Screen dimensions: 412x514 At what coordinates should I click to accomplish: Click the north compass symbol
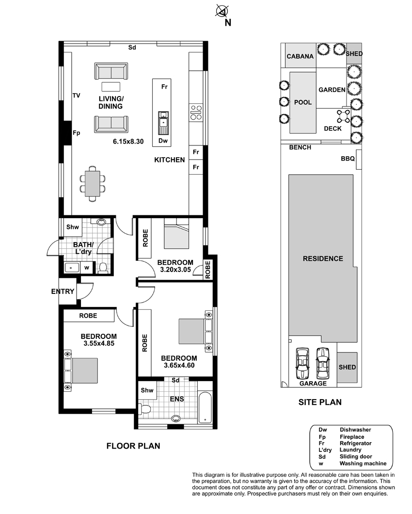[x=222, y=11]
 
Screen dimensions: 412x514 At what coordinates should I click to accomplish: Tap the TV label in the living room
[x=77, y=96]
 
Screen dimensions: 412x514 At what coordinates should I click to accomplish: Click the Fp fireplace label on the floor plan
[x=77, y=133]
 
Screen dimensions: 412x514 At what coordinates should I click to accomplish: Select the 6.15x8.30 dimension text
[x=128, y=142]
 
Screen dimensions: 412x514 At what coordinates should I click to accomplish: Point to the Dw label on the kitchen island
[x=163, y=141]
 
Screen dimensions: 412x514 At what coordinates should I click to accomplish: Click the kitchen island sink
[x=163, y=123]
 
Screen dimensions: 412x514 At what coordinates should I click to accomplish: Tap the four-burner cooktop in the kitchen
[x=196, y=112]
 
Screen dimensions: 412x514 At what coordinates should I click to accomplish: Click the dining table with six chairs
[x=93, y=184]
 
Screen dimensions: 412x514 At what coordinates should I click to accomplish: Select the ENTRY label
[x=63, y=291]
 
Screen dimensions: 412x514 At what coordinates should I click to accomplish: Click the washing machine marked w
[x=87, y=268]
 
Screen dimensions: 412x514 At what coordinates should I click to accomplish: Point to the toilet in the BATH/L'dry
[x=103, y=268]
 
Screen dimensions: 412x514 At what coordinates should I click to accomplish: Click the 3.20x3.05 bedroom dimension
[x=175, y=270]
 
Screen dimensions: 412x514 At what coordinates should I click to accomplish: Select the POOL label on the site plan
[x=303, y=102]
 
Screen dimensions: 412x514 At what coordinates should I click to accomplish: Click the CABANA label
[x=300, y=56]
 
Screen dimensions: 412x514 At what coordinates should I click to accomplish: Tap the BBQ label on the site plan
[x=348, y=159]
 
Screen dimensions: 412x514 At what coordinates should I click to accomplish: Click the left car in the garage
[x=302, y=363]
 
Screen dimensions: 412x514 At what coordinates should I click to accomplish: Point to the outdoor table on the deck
[x=343, y=116]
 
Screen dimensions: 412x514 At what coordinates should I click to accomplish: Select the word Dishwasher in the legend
[x=355, y=430]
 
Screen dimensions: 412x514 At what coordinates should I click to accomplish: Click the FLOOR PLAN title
[x=133, y=446]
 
